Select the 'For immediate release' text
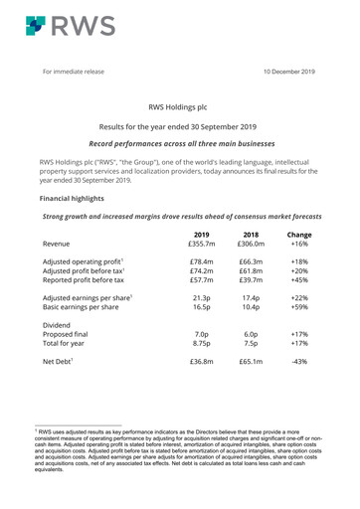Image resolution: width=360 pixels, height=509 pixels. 77,72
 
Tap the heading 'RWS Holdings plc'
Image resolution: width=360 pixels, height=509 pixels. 179,104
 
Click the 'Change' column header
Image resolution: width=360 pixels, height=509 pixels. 298,235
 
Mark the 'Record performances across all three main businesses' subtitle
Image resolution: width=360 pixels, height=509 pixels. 179,144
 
